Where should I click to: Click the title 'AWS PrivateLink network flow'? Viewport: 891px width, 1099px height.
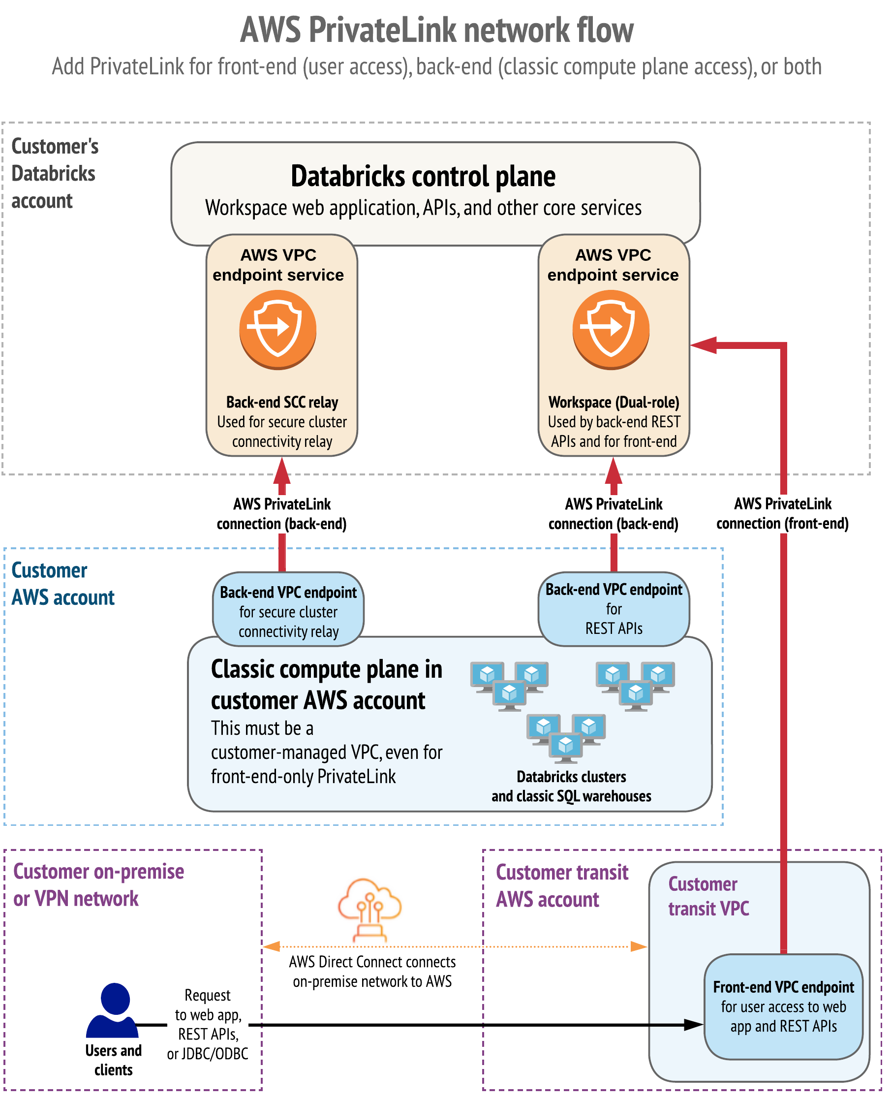[437, 30]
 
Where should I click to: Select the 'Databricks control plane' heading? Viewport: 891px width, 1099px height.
[423, 177]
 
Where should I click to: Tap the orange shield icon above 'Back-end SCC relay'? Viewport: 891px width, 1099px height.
[277, 329]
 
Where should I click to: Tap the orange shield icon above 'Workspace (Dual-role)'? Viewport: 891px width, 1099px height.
[611, 329]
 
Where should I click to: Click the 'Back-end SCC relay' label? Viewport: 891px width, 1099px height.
[282, 402]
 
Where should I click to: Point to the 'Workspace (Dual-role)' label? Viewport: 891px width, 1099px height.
[614, 402]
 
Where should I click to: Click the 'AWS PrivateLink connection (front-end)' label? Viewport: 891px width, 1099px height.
[782, 513]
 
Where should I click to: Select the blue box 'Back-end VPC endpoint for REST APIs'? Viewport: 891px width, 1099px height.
[614, 609]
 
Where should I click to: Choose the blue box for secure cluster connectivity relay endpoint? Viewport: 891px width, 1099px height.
[288, 611]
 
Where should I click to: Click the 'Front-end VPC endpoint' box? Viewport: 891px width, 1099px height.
[783, 1006]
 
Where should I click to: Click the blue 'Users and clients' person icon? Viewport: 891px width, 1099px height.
[113, 1010]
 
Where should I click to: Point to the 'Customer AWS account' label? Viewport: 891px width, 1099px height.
[62, 584]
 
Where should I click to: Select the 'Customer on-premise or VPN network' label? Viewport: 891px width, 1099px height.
[98, 885]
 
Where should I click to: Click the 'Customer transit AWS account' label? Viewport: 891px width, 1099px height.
[561, 886]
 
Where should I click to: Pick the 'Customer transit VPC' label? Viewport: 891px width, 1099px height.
[708, 896]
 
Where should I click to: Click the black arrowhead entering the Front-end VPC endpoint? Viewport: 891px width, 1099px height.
[694, 1025]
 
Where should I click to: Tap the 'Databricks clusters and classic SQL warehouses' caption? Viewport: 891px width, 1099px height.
[571, 786]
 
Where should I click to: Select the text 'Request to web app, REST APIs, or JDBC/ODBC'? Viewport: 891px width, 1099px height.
[207, 1024]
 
